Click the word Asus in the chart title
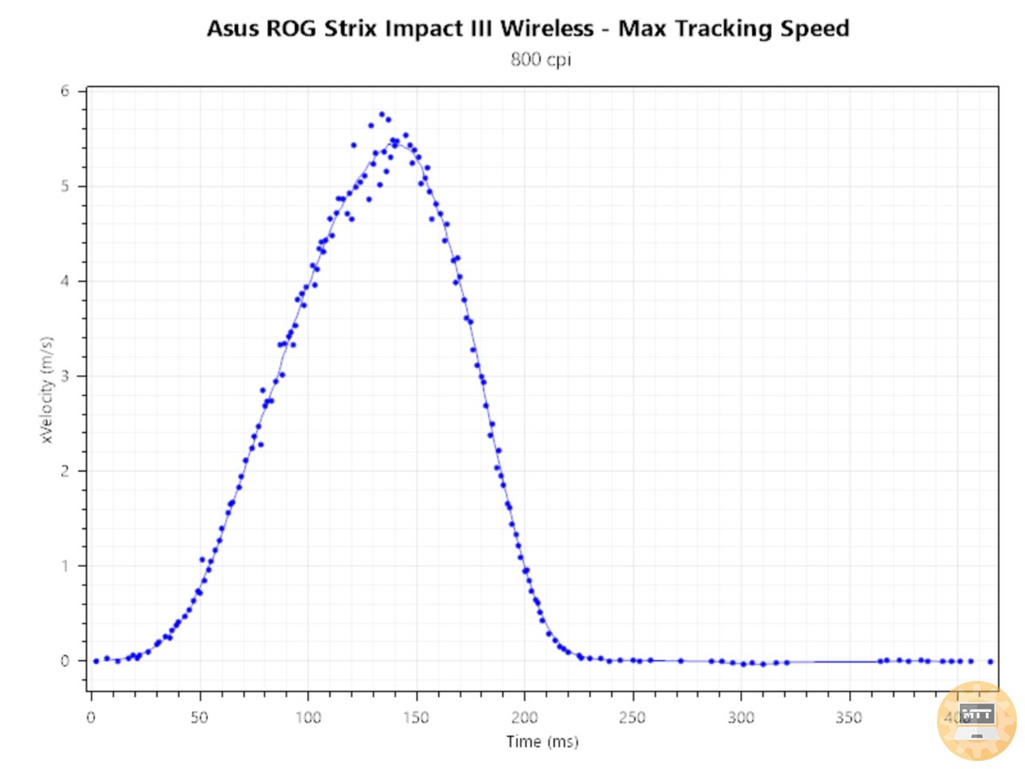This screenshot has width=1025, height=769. (x=233, y=29)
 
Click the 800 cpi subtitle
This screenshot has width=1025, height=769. (x=541, y=59)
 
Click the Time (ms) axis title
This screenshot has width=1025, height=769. (x=542, y=742)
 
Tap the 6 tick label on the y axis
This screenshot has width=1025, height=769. (x=65, y=91)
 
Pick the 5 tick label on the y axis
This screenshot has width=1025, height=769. (x=65, y=186)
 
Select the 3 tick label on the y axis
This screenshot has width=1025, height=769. (x=65, y=376)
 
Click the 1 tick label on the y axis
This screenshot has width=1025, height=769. (x=65, y=566)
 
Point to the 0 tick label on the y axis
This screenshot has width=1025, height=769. (x=65, y=661)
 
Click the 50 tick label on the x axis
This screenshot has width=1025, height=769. (x=199, y=717)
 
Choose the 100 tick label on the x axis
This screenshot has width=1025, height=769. (x=308, y=717)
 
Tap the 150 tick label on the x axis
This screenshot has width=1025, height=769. (x=416, y=717)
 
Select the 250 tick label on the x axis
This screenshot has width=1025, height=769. (x=633, y=717)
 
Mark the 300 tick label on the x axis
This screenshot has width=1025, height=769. (x=741, y=717)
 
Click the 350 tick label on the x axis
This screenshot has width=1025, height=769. (x=849, y=717)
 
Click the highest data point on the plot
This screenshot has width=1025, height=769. (x=382, y=115)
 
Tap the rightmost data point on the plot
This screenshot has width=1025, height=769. (x=991, y=662)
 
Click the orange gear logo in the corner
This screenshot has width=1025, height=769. (x=976, y=721)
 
